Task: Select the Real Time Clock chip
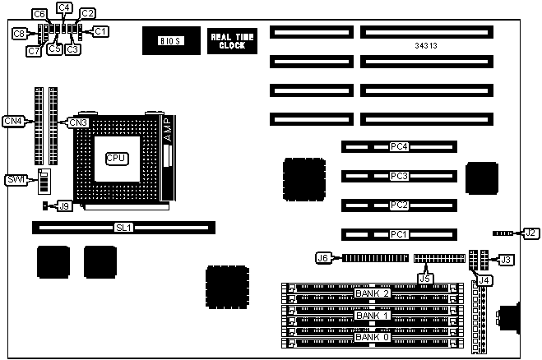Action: tap(226, 40)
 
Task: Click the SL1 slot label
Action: tap(124, 225)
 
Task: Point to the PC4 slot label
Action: tap(399, 147)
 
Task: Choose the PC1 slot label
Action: tap(399, 234)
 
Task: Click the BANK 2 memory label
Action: tap(371, 293)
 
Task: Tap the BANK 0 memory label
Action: tap(371, 338)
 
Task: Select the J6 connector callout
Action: tap(323, 257)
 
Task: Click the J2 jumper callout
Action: tap(530, 233)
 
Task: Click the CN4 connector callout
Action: tap(13, 122)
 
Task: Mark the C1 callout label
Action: tap(100, 31)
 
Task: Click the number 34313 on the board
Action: tap(426, 46)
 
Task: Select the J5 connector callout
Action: tap(424, 278)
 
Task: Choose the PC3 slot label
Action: tap(399, 176)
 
